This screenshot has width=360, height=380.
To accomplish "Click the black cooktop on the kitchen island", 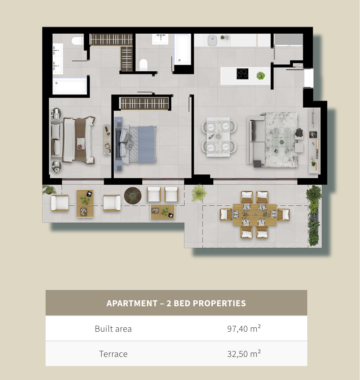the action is click(242, 74).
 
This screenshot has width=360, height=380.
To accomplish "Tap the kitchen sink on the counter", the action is click(212, 40).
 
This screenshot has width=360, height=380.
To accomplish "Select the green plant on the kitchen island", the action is click(261, 76).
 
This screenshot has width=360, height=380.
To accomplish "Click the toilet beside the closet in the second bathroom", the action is click(143, 65).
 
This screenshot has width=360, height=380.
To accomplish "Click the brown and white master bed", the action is click(73, 140).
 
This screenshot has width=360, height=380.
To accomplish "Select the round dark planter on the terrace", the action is click(133, 195).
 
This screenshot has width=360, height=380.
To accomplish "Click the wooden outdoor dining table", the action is click(255, 214).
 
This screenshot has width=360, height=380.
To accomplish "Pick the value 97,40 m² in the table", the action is click(244, 328).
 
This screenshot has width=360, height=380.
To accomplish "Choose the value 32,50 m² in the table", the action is click(244, 353).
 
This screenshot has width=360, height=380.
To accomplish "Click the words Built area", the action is click(113, 329).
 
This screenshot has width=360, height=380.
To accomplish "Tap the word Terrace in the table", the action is click(113, 354).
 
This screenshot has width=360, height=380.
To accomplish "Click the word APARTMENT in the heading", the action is click(132, 303).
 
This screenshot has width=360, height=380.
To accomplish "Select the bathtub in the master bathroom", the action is click(70, 86).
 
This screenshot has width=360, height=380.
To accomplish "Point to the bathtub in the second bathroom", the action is click(182, 49).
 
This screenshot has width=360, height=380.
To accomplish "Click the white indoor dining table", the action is click(218, 137).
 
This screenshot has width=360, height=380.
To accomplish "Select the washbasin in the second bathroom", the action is click(160, 39).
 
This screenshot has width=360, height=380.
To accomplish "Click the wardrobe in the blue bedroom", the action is click(145, 103).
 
